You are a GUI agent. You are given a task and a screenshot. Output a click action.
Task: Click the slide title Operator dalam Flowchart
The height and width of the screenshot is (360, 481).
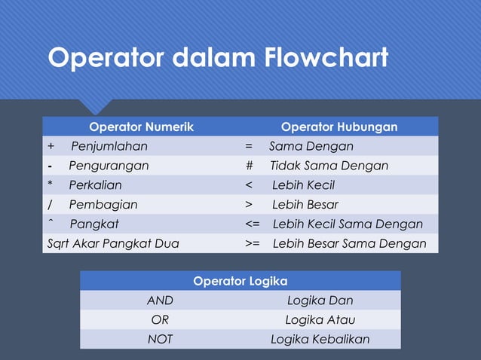[x=218, y=58]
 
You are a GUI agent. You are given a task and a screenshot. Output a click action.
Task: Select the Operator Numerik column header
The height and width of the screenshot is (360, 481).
[x=141, y=127]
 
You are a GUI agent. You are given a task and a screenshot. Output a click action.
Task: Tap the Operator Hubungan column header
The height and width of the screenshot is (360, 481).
[x=339, y=127]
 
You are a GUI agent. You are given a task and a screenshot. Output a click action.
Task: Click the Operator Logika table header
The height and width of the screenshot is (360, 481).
[x=240, y=281]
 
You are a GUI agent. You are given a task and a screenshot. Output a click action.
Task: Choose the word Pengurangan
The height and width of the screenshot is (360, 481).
[x=109, y=166]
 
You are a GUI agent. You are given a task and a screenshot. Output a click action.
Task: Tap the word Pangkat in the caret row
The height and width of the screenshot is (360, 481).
[x=94, y=224]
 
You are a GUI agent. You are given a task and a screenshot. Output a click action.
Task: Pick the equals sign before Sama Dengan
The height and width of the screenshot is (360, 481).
[x=249, y=146]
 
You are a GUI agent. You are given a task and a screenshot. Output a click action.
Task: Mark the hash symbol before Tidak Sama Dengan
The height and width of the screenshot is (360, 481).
[x=249, y=166]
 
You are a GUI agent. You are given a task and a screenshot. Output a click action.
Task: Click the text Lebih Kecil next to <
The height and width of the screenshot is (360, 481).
[x=303, y=185]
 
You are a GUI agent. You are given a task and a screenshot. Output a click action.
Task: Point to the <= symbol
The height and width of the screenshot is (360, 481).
[x=252, y=224]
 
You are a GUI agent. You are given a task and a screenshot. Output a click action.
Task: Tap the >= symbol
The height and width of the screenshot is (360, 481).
[x=252, y=244]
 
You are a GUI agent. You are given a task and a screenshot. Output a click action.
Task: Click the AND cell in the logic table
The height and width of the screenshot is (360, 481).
[x=160, y=301]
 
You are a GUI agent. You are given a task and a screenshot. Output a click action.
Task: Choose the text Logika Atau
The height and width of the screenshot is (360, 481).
[x=320, y=320]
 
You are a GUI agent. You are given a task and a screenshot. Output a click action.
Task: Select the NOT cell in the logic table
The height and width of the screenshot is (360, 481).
[x=160, y=340]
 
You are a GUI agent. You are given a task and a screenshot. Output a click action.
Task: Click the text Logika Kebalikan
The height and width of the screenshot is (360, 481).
[x=320, y=340]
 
